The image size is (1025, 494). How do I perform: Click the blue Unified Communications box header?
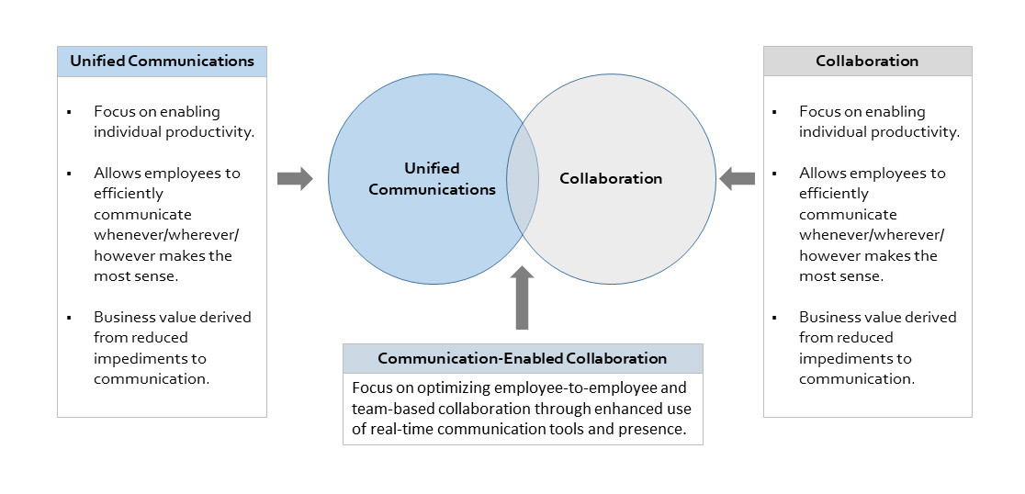162,62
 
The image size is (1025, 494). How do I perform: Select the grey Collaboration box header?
867,62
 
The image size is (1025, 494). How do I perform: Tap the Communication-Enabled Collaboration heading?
522,358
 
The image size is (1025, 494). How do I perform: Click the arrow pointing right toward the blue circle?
295,178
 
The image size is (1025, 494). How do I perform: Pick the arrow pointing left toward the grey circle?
737,178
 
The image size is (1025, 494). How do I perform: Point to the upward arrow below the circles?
522,298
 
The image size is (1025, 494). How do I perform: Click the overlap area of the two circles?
522,179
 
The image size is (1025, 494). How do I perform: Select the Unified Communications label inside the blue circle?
432,179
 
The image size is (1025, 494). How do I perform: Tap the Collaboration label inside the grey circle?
611,178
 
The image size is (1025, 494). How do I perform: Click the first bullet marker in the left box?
68,112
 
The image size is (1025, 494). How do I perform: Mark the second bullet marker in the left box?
68,174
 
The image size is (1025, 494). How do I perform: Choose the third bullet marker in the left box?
68,318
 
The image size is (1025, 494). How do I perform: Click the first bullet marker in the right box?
773,112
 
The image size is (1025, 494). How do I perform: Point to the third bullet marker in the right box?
773,318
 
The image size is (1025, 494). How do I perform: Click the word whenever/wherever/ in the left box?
166,235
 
